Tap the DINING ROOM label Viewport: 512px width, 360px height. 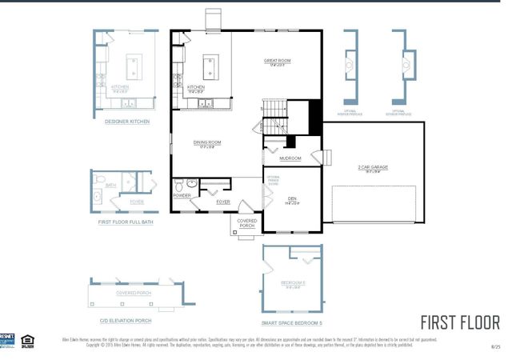(207, 142)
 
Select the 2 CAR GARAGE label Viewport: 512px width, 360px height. (373, 167)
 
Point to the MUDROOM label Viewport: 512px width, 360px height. (290, 158)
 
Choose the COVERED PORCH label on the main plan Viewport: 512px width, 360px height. (246, 223)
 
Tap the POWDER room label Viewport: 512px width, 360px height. (181, 195)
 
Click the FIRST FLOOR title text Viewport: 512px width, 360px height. (459, 322)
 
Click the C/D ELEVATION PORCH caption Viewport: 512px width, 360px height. (126, 321)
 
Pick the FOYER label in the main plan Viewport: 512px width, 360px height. (223, 202)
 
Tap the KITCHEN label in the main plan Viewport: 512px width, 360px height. (196, 86)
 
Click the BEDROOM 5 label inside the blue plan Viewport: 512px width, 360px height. (293, 283)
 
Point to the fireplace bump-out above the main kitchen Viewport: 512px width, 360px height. (214, 19)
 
